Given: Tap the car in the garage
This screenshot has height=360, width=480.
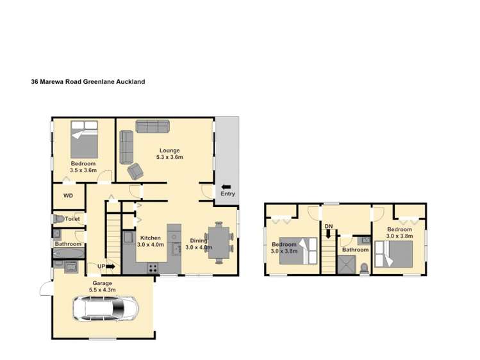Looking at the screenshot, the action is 105,308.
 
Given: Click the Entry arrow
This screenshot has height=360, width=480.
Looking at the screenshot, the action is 226,187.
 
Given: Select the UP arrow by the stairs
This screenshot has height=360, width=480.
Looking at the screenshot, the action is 110,266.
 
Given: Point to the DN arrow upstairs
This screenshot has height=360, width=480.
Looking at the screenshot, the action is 329,234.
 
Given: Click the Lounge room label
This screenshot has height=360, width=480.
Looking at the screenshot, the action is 170,151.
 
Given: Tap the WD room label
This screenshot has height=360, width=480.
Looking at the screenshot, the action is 69,195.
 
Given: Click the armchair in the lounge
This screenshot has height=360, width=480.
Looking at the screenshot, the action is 135,171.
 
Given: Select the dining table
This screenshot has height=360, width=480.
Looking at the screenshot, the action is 219,243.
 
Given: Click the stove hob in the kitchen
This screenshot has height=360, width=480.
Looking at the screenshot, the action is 153,268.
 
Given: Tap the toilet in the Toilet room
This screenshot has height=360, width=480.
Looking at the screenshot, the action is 59,218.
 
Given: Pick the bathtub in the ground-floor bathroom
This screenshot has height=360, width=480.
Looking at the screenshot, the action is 69,253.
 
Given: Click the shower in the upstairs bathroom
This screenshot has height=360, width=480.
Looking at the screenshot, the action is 346,265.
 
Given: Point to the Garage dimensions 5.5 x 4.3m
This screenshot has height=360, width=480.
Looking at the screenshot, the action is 103,290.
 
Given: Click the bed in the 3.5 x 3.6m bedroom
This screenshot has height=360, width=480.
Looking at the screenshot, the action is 84,139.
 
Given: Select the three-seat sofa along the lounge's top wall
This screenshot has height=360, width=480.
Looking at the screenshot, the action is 153,126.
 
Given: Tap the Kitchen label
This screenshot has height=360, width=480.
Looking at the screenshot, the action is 151,238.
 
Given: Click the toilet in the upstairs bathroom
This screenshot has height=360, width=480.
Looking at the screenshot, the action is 364,268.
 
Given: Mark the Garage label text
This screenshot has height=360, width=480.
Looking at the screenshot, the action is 103,283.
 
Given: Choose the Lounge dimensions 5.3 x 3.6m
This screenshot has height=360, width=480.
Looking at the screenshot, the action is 170,157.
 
